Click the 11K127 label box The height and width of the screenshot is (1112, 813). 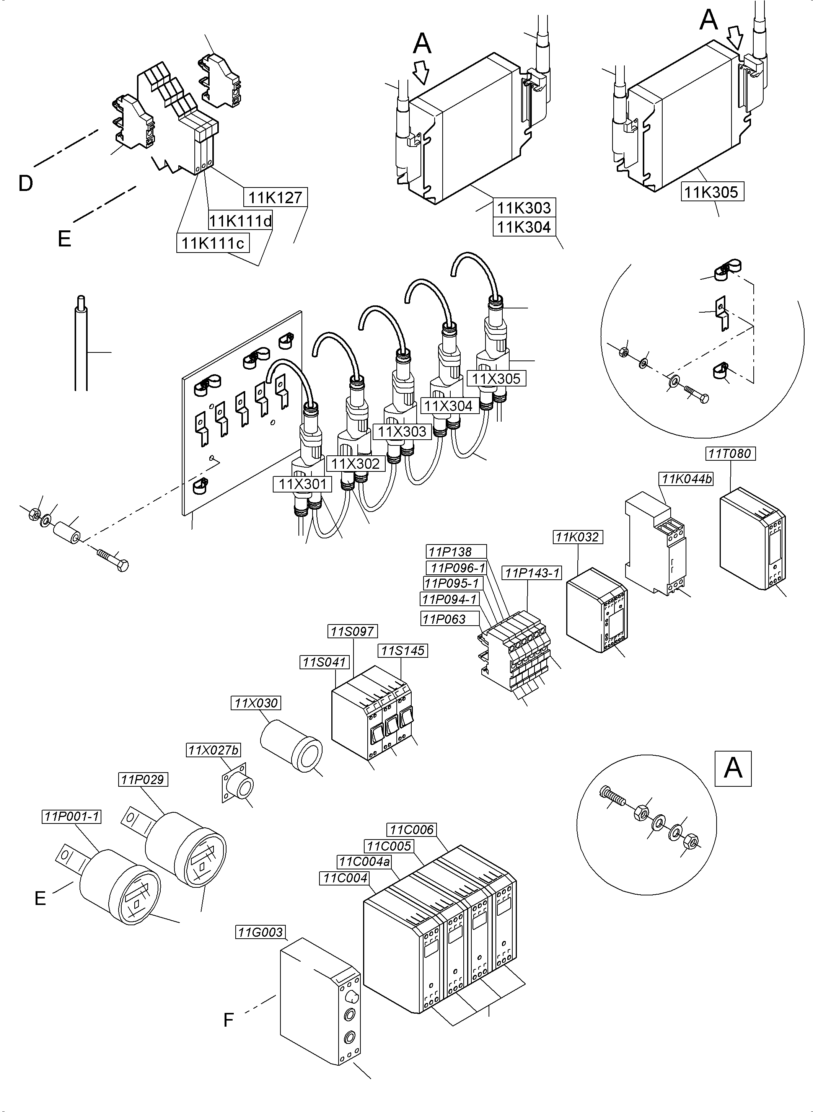pyautogui.click(x=275, y=197)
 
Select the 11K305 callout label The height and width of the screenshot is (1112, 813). pyautogui.click(x=712, y=191)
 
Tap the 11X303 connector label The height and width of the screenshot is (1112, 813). pyautogui.click(x=402, y=432)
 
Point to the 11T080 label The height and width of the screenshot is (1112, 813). pyautogui.click(x=730, y=453)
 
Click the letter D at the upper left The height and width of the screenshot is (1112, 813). pyautogui.click(x=26, y=184)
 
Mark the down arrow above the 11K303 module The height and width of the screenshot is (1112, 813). pyautogui.click(x=421, y=72)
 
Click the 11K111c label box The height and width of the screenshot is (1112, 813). pyautogui.click(x=213, y=243)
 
